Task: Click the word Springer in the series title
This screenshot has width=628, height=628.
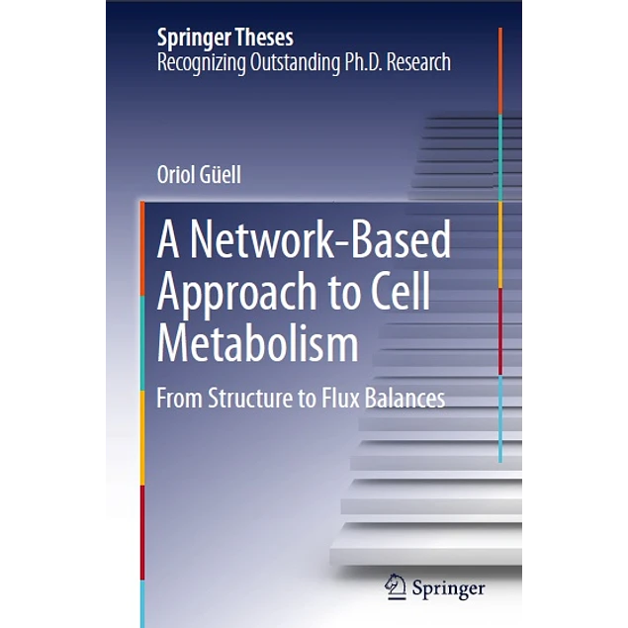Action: [x=195, y=39]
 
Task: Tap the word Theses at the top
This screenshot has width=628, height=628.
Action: [x=265, y=39]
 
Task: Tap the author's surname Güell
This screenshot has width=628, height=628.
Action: [x=220, y=175]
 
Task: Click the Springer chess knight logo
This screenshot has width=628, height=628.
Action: [x=396, y=587]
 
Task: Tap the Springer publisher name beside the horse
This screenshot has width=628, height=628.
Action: [x=449, y=588]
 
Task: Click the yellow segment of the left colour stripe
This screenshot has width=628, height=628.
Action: [x=142, y=435]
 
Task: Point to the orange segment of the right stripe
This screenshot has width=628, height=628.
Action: [x=500, y=69]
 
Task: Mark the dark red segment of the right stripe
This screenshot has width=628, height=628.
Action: [x=500, y=331]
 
